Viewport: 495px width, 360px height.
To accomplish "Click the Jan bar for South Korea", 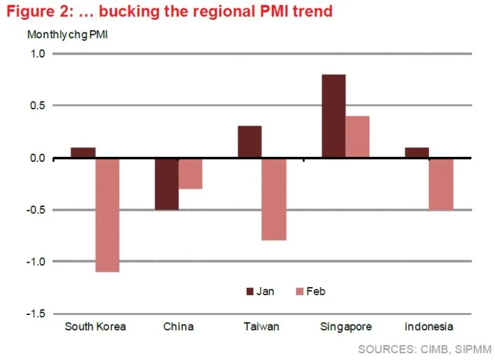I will click(x=83, y=152).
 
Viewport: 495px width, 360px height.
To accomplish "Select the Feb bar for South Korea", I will click(x=107, y=215).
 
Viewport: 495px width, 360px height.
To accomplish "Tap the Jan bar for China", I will click(x=167, y=183).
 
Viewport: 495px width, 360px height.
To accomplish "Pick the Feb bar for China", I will click(x=190, y=173).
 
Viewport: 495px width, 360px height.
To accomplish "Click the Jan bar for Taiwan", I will click(x=250, y=142).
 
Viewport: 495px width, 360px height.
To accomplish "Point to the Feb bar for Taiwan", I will click(x=274, y=199).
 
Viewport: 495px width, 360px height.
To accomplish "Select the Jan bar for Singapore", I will click(x=334, y=116).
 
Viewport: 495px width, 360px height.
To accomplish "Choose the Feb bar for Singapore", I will click(x=358, y=137).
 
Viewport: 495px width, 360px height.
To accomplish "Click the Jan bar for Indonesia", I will click(x=417, y=152).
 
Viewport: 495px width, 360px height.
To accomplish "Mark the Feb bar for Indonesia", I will click(x=441, y=183).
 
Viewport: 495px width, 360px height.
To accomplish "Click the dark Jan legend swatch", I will click(x=250, y=291).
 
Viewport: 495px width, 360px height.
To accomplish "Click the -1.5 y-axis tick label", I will click(x=34, y=314).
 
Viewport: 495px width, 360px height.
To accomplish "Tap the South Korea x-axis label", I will click(x=95, y=327).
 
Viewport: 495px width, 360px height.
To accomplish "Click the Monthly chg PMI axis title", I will click(x=67, y=34).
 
